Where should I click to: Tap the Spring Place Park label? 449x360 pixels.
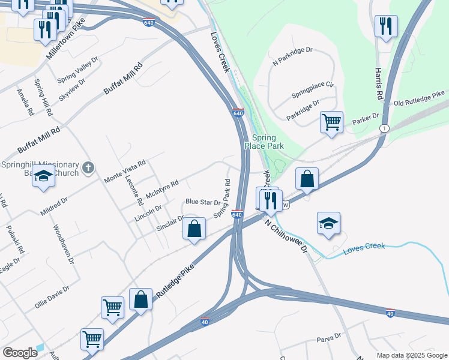pyautogui.click(x=264, y=142)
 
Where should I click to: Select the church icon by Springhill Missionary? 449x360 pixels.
pyautogui.click(x=88, y=167)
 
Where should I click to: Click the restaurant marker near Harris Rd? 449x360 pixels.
pyautogui.click(x=384, y=26)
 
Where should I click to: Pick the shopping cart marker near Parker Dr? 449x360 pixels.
pyautogui.click(x=331, y=122)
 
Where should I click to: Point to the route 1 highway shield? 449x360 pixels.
pyautogui.click(x=384, y=129)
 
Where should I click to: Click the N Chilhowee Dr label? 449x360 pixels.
pyautogui.click(x=286, y=235)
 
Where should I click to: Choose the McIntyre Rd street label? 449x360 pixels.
pyautogui.click(x=162, y=191)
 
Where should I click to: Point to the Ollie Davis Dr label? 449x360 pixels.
pyautogui.click(x=52, y=296)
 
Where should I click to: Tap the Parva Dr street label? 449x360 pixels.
pyautogui.click(x=329, y=340)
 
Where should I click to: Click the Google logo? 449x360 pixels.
pyautogui.click(x=20, y=353)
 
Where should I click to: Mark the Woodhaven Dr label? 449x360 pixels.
pyautogui.click(x=63, y=244)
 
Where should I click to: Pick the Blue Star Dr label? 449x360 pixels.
pyautogui.click(x=203, y=202)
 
